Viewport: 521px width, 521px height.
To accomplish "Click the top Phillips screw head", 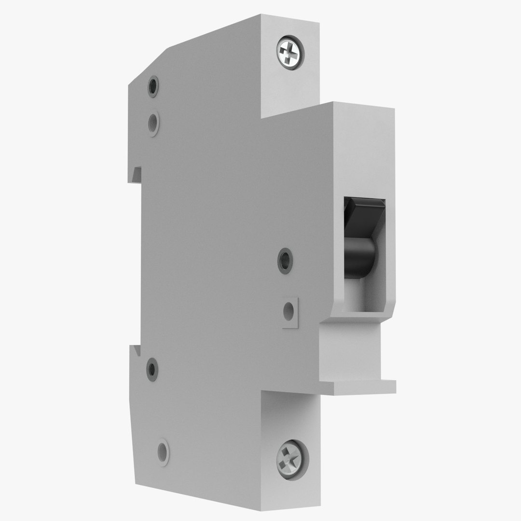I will tap(291, 52).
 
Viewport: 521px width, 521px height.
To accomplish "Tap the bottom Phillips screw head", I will tap(291, 458).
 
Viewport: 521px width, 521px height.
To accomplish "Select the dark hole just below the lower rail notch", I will tap(152, 370).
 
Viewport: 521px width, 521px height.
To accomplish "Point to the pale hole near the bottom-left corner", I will tap(164, 452).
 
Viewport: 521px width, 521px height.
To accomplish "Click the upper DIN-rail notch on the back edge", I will tap(137, 174).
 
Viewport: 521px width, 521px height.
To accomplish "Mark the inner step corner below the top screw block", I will tap(263, 116).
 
